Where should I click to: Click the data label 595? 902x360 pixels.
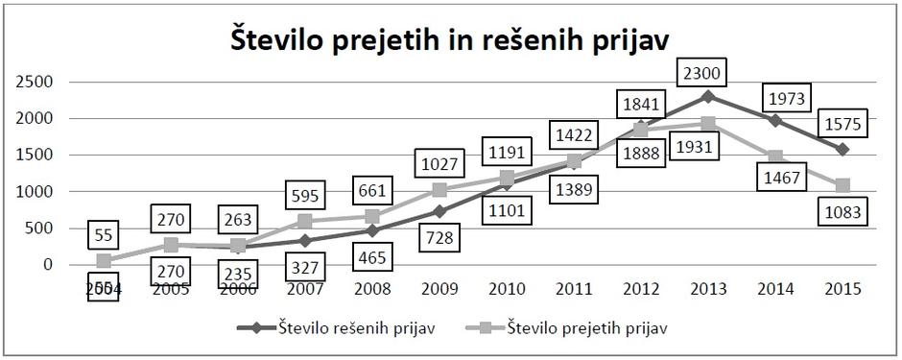(306, 197)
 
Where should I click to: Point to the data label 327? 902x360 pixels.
(306, 266)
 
